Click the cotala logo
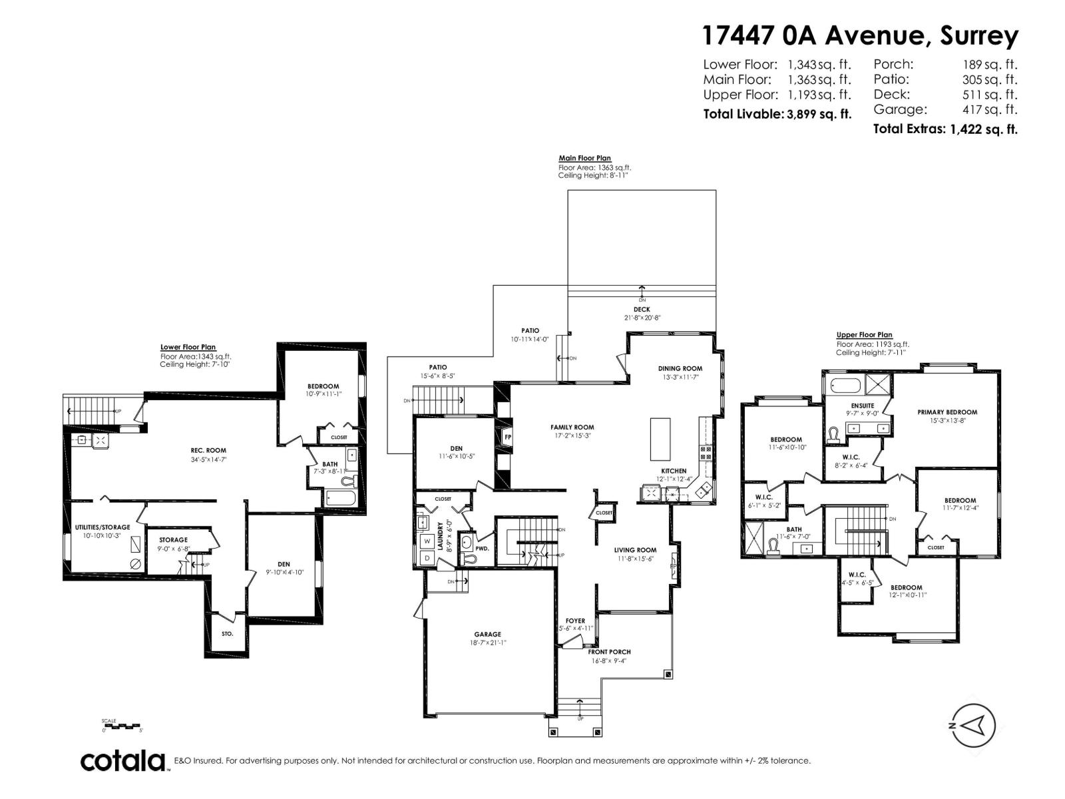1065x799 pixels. pyautogui.click(x=124, y=760)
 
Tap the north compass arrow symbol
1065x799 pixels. pyautogui.click(x=974, y=725)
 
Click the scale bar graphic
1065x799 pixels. pyautogui.click(x=121, y=726)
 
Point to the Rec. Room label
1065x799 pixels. pyautogui.click(x=208, y=451)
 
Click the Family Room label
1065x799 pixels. pyautogui.click(x=572, y=427)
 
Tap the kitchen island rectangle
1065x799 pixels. pyautogui.click(x=660, y=439)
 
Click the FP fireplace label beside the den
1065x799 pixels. pyautogui.click(x=508, y=437)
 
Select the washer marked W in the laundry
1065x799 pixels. pyautogui.click(x=427, y=541)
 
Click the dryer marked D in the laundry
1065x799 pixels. pyautogui.click(x=427, y=558)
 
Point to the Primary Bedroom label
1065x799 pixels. pyautogui.click(x=947, y=412)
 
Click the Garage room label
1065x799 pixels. pyautogui.click(x=487, y=635)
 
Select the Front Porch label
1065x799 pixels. pyautogui.click(x=609, y=652)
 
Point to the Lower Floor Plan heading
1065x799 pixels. pyautogui.click(x=188, y=347)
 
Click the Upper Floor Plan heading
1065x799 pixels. pyautogui.click(x=864, y=335)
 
